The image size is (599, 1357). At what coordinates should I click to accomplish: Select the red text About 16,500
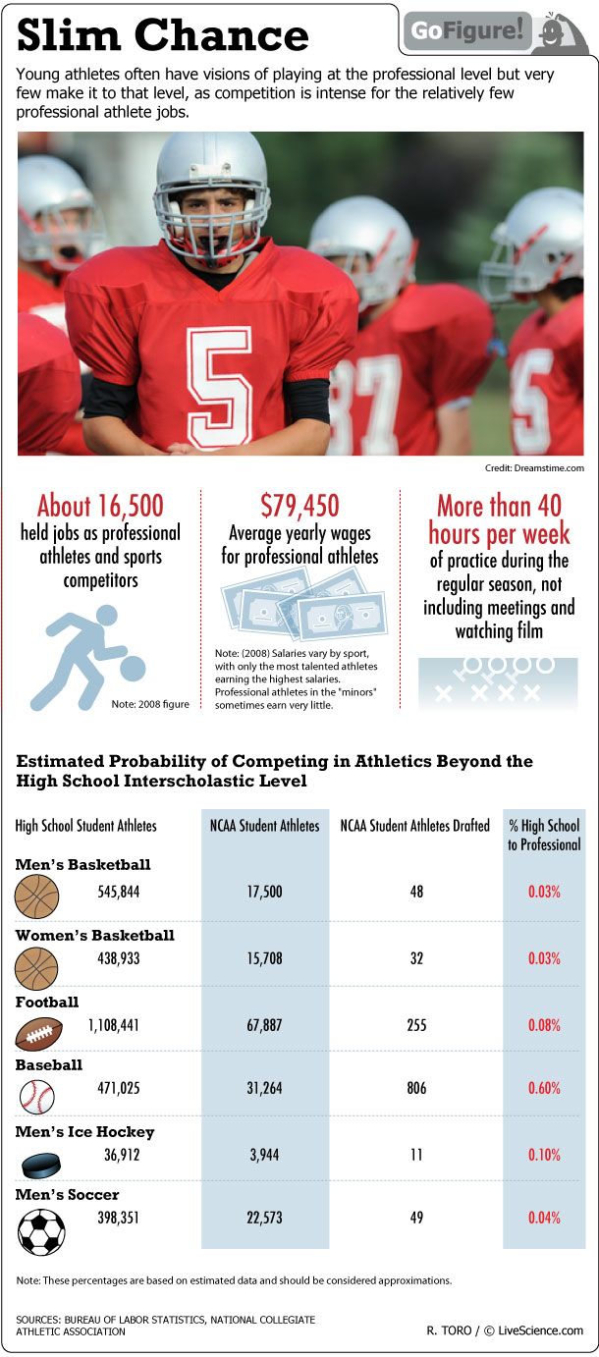point(100,506)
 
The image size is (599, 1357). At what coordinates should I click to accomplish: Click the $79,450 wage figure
point(299,506)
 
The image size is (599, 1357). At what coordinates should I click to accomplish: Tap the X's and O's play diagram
point(498,679)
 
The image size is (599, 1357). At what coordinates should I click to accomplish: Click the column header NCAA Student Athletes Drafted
point(414,826)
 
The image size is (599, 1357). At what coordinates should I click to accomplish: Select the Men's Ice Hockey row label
point(84,1131)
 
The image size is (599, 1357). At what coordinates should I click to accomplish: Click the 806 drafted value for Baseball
point(416,1088)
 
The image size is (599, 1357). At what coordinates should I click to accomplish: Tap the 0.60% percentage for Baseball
point(543,1088)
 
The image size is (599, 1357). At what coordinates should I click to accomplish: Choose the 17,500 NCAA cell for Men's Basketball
point(264,892)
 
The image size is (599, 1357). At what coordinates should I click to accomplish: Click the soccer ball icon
point(41,1230)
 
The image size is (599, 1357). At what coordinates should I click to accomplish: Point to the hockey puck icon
point(40,1165)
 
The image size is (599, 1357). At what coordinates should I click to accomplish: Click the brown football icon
point(39,1033)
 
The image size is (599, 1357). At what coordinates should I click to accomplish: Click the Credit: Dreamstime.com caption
point(534,468)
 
